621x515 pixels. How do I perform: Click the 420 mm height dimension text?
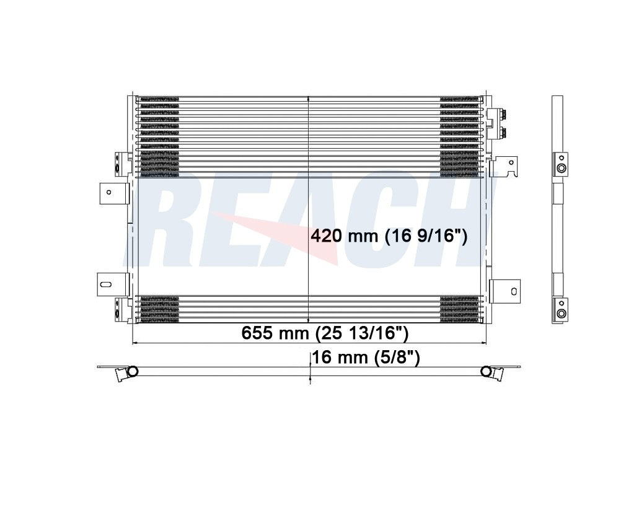pos(388,236)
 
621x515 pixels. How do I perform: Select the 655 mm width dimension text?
pos(324,333)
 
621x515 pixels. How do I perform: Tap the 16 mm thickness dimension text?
pos(367,358)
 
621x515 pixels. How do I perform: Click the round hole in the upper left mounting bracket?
pos(108,192)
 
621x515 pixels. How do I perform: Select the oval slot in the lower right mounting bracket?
pos(514,290)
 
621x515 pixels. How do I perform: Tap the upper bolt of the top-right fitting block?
pos(503,115)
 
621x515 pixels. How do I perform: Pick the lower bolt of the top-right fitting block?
pos(503,131)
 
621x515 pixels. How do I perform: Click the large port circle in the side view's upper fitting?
pos(560,169)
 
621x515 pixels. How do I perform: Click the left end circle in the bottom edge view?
pos(131,371)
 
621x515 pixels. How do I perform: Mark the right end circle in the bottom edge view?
pos(487,371)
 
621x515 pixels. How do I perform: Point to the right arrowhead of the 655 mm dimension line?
pos(484,343)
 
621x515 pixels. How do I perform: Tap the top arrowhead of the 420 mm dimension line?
pos(309,99)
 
